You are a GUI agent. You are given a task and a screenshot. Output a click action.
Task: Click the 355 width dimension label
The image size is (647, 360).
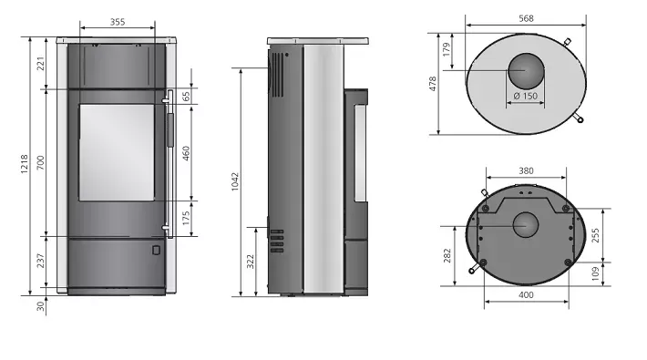[x=118, y=22]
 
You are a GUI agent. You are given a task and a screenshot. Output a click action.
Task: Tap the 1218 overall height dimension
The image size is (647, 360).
[x=25, y=164]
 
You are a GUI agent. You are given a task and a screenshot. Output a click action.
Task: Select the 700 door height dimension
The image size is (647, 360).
[x=40, y=163]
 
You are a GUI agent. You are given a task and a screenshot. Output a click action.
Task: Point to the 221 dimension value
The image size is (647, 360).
[x=40, y=64]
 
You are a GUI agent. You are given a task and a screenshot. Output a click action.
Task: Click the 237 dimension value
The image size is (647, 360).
[x=40, y=261]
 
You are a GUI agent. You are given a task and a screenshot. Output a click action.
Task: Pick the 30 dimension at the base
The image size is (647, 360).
[x=40, y=306]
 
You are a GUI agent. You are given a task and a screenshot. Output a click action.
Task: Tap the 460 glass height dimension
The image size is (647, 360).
[x=186, y=153]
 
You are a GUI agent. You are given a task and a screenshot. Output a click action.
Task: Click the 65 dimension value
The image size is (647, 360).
[x=186, y=97]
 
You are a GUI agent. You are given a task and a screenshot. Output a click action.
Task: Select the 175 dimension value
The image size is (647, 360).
[x=186, y=218]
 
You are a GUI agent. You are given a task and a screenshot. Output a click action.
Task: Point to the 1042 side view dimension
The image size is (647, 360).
[x=235, y=181]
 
